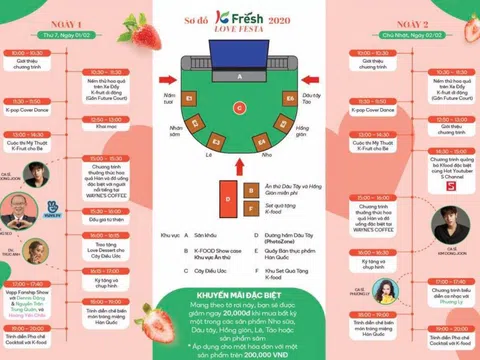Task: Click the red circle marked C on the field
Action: (x=240, y=105)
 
